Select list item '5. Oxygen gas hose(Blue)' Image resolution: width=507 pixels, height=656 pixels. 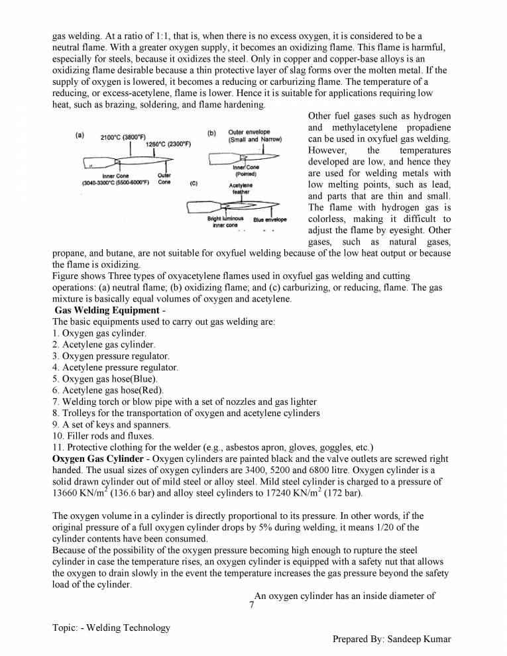pyautogui.click(x=104, y=379)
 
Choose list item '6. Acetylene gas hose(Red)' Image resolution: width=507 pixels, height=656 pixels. pyautogui.click(x=107, y=390)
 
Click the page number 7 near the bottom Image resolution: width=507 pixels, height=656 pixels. pyautogui.click(x=251, y=606)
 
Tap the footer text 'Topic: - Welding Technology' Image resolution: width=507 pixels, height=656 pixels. pyautogui.click(x=111, y=628)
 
